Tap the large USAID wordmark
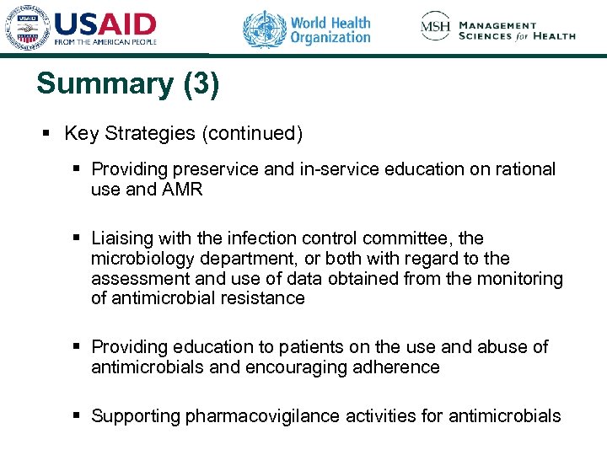[105, 24]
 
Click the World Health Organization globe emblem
[265, 29]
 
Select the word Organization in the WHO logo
[330, 38]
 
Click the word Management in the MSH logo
[498, 25]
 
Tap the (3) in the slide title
[200, 84]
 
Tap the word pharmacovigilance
[255, 416]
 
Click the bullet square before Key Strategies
[48, 134]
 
